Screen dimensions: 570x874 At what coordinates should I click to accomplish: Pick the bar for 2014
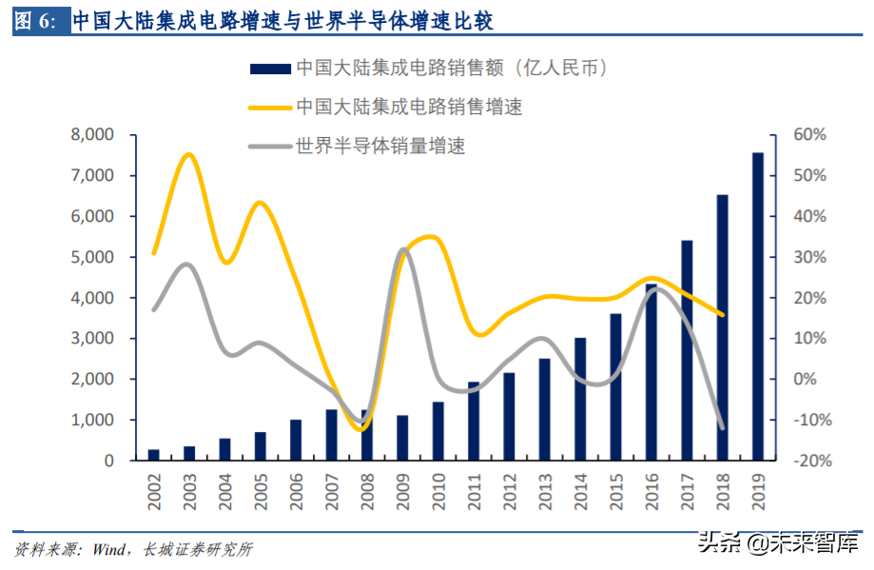click(x=580, y=399)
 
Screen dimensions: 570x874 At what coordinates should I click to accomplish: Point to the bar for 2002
click(x=153, y=455)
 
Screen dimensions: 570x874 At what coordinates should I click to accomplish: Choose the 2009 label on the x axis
click(x=402, y=491)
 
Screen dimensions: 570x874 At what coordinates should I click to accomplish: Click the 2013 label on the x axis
click(x=545, y=491)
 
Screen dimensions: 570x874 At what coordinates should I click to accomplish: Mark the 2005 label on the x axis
click(x=261, y=491)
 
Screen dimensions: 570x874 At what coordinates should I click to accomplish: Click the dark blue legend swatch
click(x=269, y=69)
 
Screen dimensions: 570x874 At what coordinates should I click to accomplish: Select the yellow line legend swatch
click(x=269, y=107)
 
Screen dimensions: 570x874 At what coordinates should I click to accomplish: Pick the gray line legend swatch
click(x=269, y=147)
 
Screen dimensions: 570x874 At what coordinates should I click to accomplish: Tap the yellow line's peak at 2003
click(x=188, y=154)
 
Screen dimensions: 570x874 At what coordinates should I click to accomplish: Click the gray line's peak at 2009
click(x=403, y=249)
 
